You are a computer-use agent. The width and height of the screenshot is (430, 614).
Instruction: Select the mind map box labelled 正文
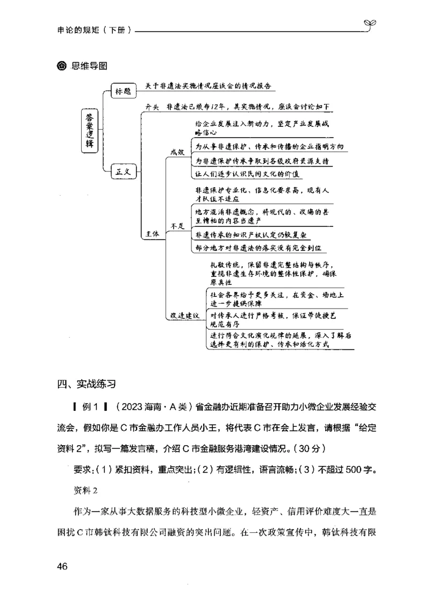124,172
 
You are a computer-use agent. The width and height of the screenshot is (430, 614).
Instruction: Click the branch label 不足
177,226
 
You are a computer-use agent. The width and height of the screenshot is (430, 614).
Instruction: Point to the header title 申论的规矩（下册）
94,30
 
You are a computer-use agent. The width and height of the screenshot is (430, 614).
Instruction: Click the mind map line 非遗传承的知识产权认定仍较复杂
252,235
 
